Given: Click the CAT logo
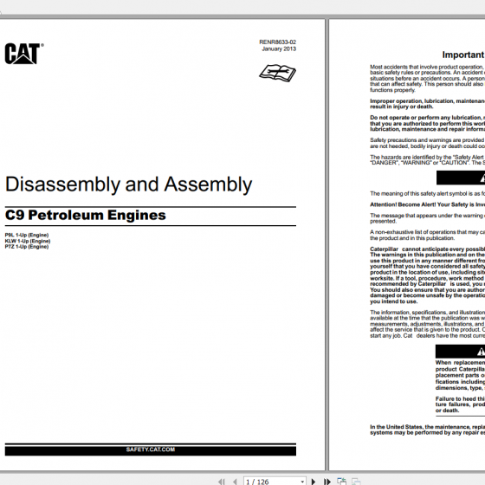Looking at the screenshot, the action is point(23,54).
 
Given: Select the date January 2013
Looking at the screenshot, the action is point(279,48).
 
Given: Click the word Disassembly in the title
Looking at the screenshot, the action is point(52,184).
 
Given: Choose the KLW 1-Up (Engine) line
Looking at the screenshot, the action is point(28,241).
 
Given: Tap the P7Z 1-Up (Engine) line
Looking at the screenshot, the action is point(27,247).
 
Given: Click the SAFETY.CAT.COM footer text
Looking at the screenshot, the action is point(151,449).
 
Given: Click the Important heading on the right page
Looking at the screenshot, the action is point(462,54).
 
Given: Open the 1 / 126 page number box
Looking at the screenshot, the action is point(269,481).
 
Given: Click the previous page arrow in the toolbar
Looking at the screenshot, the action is point(235,481).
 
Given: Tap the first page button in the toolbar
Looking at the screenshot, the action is point(223,481).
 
